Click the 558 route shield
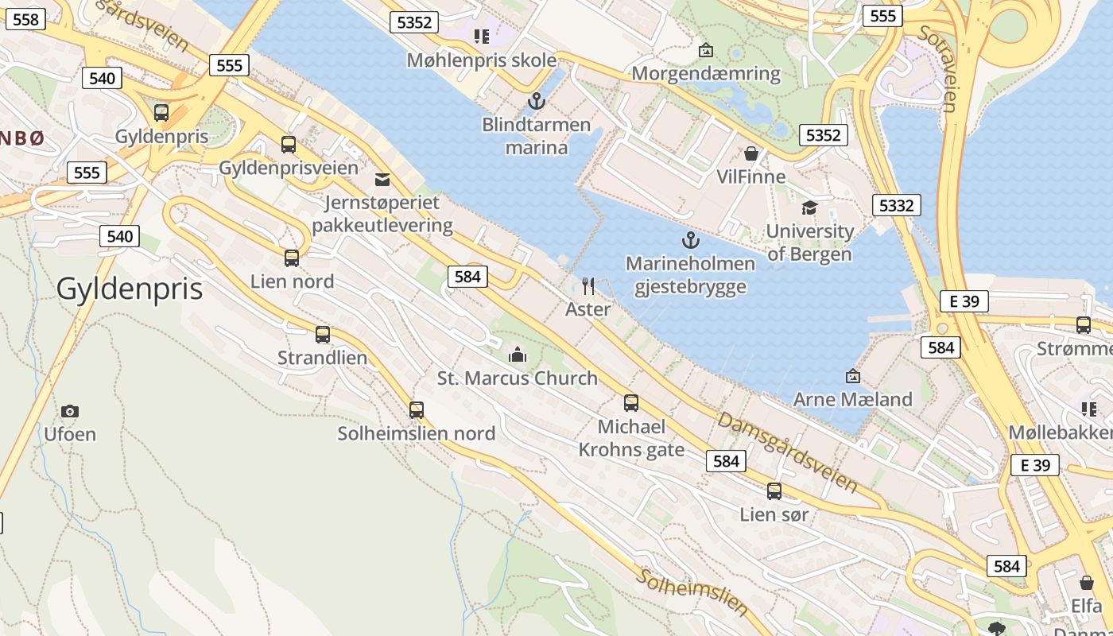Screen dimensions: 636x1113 pos(26,19)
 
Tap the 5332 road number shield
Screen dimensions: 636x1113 pos(896,205)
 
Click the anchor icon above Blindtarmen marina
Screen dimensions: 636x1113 pos(537,101)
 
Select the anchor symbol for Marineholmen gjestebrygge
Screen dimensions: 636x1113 pos(690,239)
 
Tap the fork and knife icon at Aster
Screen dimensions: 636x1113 pos(588,286)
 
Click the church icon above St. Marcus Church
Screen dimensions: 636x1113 pos(518,354)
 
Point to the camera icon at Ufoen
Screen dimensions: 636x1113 pos(70,411)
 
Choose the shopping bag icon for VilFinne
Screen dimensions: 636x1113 pos(750,153)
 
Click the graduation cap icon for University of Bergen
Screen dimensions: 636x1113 pos(809,207)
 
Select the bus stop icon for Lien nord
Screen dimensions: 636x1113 pos(292,258)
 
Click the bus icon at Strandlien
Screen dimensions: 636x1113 pos(322,335)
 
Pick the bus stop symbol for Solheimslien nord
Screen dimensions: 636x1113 pos(416,410)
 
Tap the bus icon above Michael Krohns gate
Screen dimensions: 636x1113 pos(631,403)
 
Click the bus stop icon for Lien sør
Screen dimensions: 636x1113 pos(774,491)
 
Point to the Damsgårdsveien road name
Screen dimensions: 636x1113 pos(787,451)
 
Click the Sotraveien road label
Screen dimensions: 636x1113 pos(939,68)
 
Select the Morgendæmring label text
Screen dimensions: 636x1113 pos(706,74)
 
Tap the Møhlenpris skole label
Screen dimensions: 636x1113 pos(481,60)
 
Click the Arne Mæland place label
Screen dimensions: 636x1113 pos(852,399)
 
